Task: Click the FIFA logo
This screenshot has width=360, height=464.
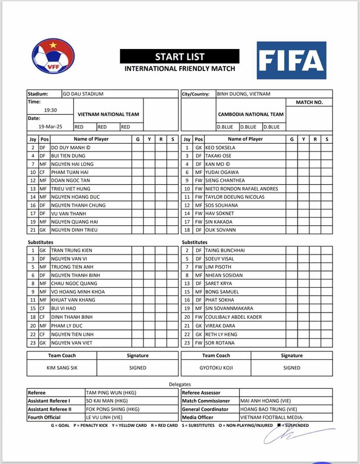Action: (291, 60)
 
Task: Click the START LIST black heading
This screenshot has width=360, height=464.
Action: (179, 56)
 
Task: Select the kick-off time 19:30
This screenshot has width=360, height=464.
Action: (51, 110)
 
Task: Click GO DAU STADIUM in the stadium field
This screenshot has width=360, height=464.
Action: (83, 94)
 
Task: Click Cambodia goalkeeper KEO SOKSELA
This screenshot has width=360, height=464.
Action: (220, 147)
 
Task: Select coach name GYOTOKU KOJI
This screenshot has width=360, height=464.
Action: (216, 368)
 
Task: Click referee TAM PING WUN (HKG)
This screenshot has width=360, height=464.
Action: (111, 392)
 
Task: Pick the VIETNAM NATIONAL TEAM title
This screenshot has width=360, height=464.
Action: (108, 114)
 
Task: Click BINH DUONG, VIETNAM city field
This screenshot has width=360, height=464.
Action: (244, 94)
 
